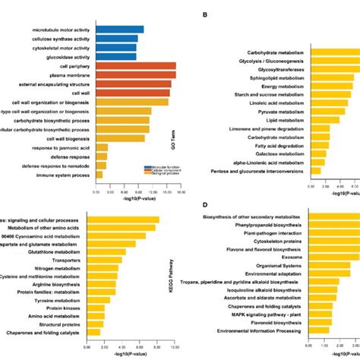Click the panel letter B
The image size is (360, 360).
pos(203,14)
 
